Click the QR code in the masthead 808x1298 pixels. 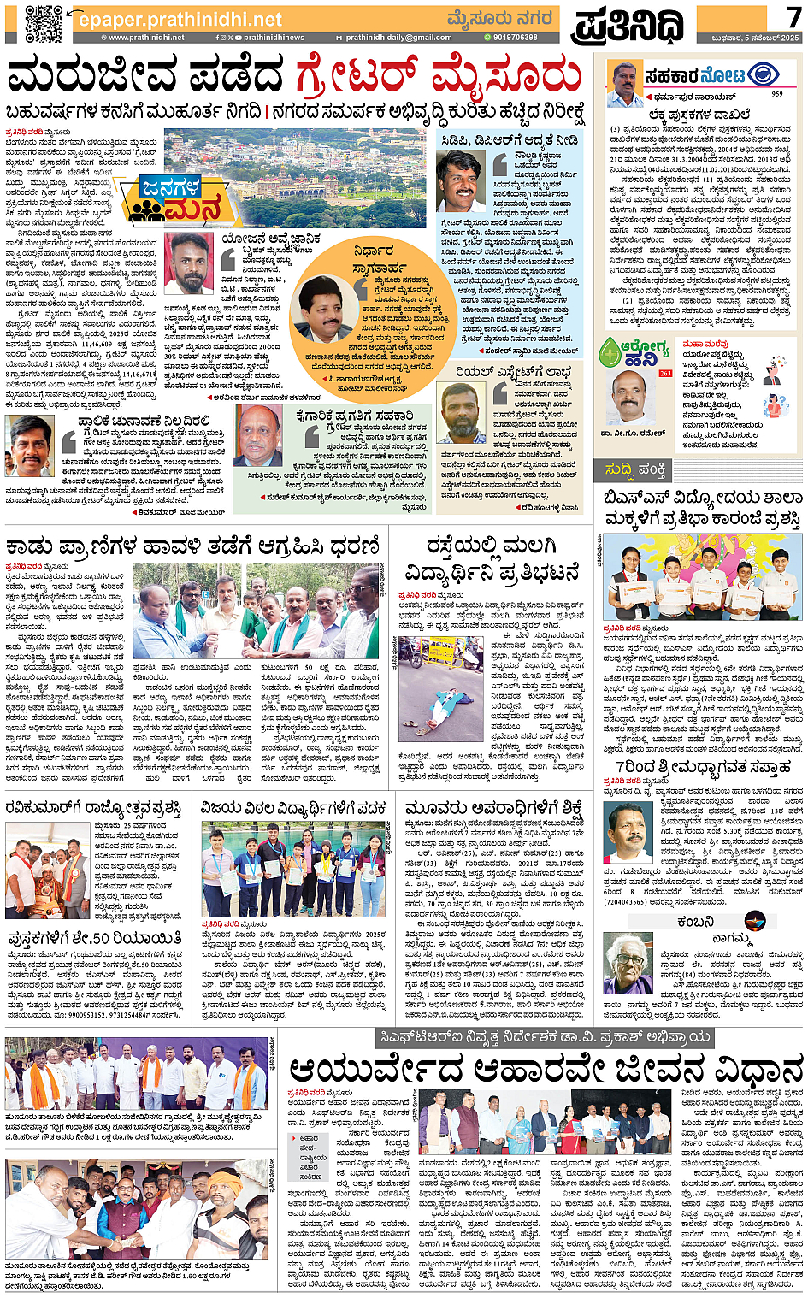click(x=43, y=23)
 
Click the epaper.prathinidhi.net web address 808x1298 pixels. click(x=180, y=19)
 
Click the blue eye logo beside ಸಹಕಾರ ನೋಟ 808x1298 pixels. click(x=763, y=75)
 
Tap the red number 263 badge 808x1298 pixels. click(x=665, y=374)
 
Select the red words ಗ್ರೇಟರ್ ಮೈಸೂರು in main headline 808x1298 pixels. click(x=437, y=77)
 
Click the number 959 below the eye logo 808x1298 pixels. click(x=776, y=94)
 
